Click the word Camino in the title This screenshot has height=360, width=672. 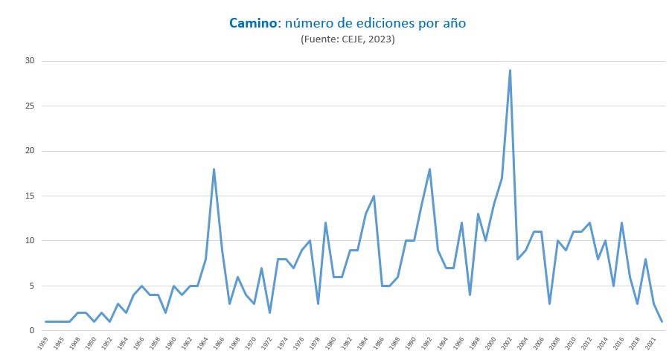[x=252, y=23]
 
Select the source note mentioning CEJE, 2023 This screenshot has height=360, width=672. [x=348, y=39]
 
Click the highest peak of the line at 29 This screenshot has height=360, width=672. [x=510, y=70]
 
